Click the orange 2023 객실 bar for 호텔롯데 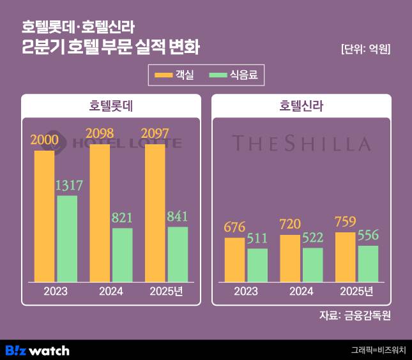tap(44, 216)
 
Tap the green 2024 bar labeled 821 tap(122, 255)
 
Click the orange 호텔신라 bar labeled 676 tap(234, 259)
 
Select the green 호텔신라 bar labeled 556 tap(368, 264)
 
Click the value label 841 tap(177, 216)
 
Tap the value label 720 tap(289, 225)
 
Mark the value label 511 tap(257, 239)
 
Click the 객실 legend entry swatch tap(164, 76)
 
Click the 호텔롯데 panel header tap(111, 105)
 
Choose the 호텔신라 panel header tap(301, 105)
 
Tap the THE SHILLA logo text tap(301, 143)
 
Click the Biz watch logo tap(37, 350)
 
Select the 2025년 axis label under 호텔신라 tap(357, 292)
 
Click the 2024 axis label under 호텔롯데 tap(111, 292)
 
